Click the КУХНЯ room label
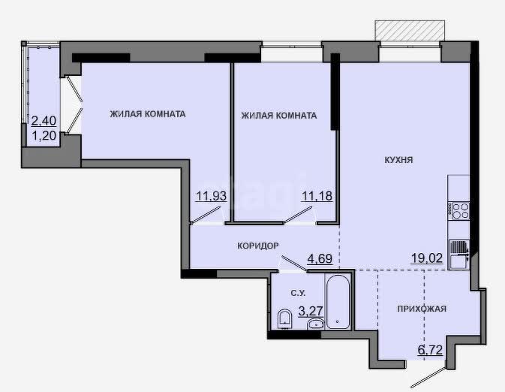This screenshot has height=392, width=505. (x=398, y=160)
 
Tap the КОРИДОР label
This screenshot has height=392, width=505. (x=258, y=246)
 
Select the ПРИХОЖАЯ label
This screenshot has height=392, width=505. (x=422, y=309)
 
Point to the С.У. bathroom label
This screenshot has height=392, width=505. (x=298, y=294)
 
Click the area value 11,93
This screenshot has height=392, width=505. (x=212, y=196)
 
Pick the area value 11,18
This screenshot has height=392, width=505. (x=317, y=196)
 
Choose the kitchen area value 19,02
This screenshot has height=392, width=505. (x=427, y=258)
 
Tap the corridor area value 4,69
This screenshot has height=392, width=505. (x=320, y=258)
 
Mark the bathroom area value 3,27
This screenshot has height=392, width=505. (x=311, y=311)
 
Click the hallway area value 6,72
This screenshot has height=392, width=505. (x=430, y=350)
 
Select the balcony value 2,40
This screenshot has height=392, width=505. (x=44, y=121)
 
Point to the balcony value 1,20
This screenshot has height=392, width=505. (x=44, y=136)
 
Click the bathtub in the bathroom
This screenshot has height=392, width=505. (x=337, y=301)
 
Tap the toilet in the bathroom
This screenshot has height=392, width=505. (x=284, y=319)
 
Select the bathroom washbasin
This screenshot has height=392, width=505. (x=315, y=324)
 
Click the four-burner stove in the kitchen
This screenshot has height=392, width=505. (x=460, y=211)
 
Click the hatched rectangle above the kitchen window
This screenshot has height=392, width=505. (x=410, y=31)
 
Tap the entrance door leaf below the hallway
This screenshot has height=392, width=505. (x=429, y=378)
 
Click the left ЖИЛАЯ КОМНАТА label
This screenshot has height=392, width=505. (x=148, y=114)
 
